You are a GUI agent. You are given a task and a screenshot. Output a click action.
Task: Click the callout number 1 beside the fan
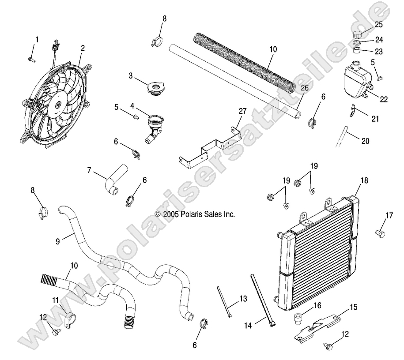point(37,40)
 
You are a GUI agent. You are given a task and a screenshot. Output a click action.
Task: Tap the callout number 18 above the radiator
point(364,181)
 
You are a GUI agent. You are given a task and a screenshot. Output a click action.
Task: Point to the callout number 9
point(57,241)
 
